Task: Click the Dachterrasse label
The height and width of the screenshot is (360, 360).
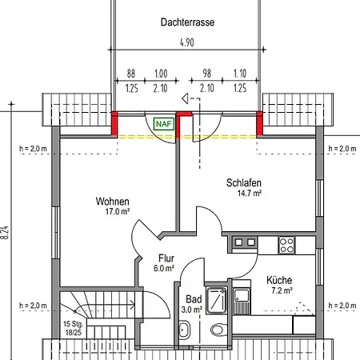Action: pos(187,22)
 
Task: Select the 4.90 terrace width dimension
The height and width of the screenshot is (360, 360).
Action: pos(187,42)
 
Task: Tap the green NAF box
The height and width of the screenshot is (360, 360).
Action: pos(164,124)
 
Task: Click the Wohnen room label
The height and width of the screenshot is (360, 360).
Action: pos(112,202)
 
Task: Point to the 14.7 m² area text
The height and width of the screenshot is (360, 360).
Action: pos(250,193)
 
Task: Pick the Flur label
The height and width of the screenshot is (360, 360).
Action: pos(166,258)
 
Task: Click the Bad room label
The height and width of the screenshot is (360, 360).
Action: pos(194,299)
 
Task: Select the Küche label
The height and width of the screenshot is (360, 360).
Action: pos(279,280)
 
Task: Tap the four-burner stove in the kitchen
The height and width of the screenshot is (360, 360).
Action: pos(286,245)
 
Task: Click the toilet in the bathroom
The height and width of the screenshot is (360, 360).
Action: pos(219,330)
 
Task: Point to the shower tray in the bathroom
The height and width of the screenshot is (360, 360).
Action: pos(217,300)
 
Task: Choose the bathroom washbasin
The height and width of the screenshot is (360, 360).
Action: pos(185,330)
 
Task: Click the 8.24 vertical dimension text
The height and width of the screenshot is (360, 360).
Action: pos(6,233)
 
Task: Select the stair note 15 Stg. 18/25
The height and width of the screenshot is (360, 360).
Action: pos(74,328)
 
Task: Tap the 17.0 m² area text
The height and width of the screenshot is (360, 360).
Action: pos(118,212)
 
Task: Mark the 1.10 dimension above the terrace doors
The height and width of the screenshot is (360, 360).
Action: pos(240,74)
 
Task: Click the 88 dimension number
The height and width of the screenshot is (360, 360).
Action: pos(131,74)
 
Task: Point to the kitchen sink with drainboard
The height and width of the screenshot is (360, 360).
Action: pos(242,301)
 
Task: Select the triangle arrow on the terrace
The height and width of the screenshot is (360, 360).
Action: pos(185,98)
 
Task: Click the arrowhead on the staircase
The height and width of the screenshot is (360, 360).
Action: pos(132,304)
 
